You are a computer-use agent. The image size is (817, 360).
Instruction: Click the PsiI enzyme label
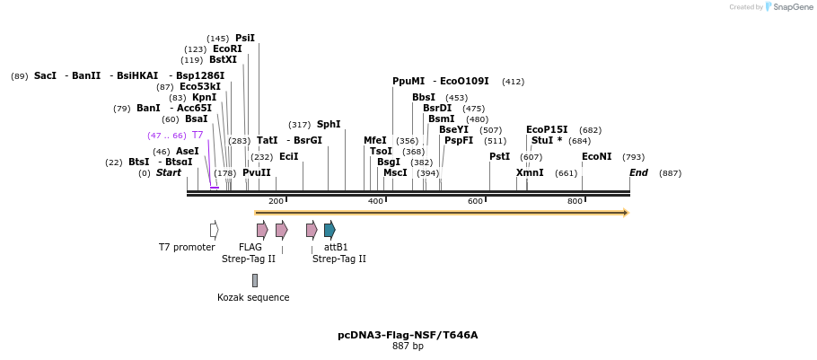245,39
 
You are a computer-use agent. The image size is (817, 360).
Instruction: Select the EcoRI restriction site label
227,49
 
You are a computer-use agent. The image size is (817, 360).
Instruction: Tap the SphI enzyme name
329,125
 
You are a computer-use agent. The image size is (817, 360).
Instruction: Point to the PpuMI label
408,82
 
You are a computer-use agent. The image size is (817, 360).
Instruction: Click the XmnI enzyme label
530,173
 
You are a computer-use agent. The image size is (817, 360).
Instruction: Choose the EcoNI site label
596,157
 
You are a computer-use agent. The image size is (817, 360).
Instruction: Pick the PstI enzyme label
499,157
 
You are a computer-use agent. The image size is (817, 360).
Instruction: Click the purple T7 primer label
198,136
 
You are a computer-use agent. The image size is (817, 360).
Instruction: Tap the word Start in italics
169,173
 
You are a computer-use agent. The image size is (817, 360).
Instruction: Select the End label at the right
638,173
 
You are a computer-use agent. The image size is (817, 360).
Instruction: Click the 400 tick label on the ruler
375,201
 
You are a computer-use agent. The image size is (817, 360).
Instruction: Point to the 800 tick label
575,201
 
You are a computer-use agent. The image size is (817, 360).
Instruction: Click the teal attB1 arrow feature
329,230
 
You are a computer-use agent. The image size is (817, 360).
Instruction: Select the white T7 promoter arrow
214,230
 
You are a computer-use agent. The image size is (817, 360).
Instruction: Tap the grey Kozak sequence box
254,280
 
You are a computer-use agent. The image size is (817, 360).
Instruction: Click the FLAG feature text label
250,247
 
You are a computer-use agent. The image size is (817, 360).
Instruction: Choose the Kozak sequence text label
253,297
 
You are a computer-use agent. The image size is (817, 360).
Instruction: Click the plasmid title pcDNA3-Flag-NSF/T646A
408,335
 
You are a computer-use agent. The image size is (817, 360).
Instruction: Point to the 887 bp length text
408,347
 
